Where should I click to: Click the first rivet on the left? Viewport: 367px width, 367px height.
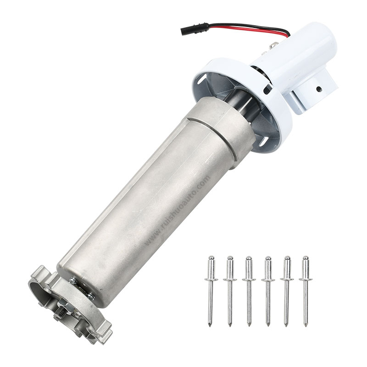click(x=210, y=289)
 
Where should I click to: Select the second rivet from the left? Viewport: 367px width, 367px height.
click(x=229, y=289)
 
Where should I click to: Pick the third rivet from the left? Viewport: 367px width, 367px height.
click(x=249, y=289)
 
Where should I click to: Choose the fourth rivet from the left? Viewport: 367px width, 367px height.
click(x=267, y=289)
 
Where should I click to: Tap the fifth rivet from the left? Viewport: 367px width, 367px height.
click(x=287, y=289)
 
